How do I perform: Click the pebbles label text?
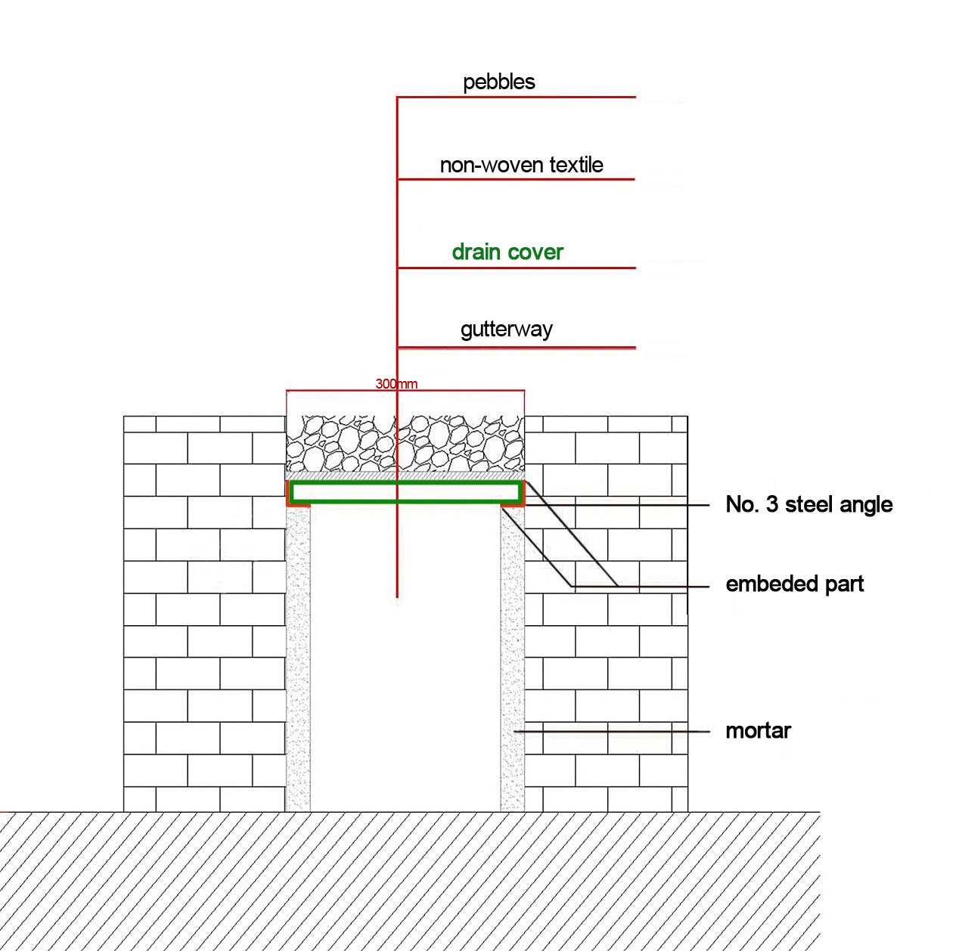pos(498,82)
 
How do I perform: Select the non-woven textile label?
pos(522,166)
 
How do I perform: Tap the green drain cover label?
pos(507,252)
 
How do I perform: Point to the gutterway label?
pos(507,330)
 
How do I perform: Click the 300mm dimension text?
pos(396,384)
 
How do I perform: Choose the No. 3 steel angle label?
pos(808,505)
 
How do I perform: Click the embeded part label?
pos(794,584)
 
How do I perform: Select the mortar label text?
pos(758,731)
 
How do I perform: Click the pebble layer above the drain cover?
pos(405,444)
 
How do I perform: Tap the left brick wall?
pos(204,614)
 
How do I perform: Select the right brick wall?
pos(606,614)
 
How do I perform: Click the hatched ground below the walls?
pos(410,881)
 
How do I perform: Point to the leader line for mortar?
pos(612,732)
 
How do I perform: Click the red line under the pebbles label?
pos(516,97)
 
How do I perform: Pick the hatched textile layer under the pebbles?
pos(405,475)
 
